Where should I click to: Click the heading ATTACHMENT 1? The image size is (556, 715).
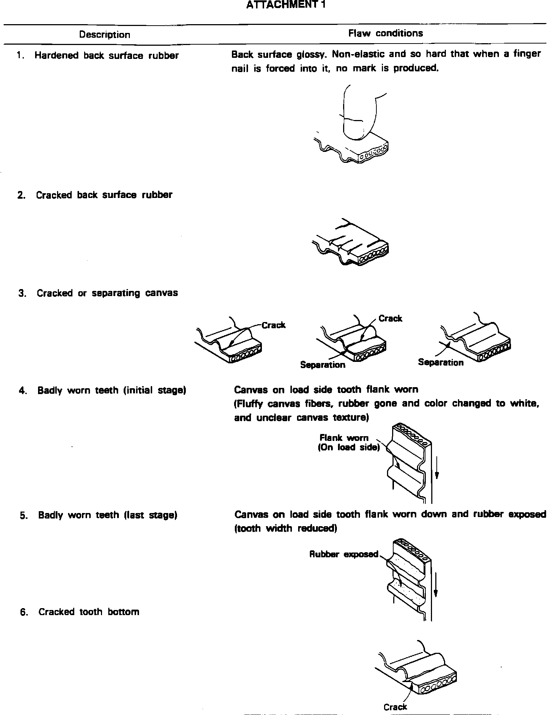tap(285, 5)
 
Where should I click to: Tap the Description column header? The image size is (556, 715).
tap(105, 35)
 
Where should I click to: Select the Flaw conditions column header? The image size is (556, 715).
tap(386, 33)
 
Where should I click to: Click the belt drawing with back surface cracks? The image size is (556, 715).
tap(350, 242)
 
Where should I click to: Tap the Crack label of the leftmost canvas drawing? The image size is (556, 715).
tap(273, 325)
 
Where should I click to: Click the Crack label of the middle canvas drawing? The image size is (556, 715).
tap(390, 318)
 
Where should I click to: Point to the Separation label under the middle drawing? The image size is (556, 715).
tap(323, 365)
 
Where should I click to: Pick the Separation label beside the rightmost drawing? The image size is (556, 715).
tap(440, 362)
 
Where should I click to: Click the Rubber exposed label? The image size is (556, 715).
tap(344, 554)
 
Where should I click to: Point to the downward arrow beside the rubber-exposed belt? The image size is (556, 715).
tap(436, 583)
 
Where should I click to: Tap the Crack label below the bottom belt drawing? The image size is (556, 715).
tap(395, 707)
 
